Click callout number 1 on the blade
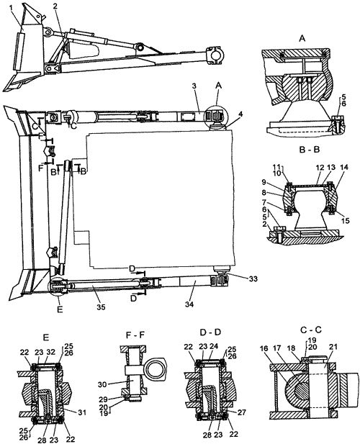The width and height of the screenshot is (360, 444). (x=11, y=9)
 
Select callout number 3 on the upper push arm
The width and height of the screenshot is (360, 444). (x=194, y=86)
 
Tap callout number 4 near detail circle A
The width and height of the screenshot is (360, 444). (x=233, y=114)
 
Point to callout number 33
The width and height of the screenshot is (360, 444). (x=253, y=279)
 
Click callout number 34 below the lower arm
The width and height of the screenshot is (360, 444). (x=189, y=304)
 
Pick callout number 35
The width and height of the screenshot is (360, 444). (x=101, y=307)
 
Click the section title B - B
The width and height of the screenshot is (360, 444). (x=310, y=150)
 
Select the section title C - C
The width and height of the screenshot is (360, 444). (x=311, y=330)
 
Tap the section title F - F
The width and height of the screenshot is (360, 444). (x=135, y=335)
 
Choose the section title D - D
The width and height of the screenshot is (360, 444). (x=210, y=332)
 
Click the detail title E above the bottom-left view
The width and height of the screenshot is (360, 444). (x=47, y=337)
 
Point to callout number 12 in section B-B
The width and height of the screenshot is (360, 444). (x=320, y=168)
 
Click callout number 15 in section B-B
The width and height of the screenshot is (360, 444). (x=346, y=220)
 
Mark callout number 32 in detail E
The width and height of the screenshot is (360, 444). (x=50, y=353)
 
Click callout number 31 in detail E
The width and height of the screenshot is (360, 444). (x=81, y=413)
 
